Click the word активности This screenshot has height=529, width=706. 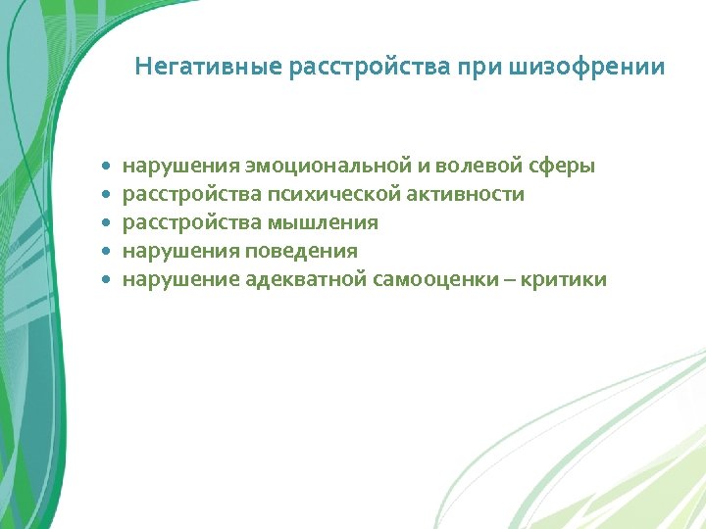coord(470,195)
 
